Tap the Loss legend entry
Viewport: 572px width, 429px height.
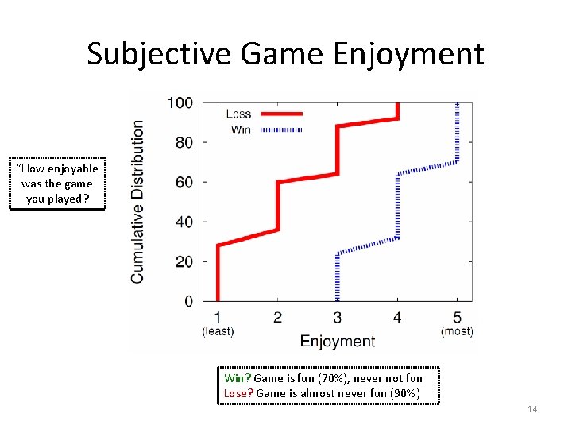pos(238,114)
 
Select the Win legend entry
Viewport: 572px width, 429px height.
pos(241,129)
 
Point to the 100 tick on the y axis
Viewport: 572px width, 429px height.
pos(180,102)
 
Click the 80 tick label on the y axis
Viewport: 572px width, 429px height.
pos(184,142)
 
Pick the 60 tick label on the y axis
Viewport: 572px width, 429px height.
pos(184,182)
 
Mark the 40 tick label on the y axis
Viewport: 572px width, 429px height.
pos(184,222)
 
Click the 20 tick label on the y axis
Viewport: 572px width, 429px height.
pos(184,261)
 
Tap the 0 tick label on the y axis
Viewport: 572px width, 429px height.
pos(188,301)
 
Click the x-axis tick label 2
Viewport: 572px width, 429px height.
pos(277,318)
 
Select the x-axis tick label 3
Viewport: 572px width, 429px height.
pos(338,318)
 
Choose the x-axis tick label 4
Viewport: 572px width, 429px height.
pos(397,318)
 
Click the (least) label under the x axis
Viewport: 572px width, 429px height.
pos(218,330)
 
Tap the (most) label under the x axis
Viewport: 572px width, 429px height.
pos(457,330)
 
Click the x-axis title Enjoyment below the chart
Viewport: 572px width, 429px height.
pos(337,342)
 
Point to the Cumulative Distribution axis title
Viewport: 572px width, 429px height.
pos(138,202)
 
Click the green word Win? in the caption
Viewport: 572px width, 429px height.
pos(238,378)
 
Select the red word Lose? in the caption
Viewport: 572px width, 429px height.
pos(239,393)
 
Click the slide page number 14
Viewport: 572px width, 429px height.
pos(532,409)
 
